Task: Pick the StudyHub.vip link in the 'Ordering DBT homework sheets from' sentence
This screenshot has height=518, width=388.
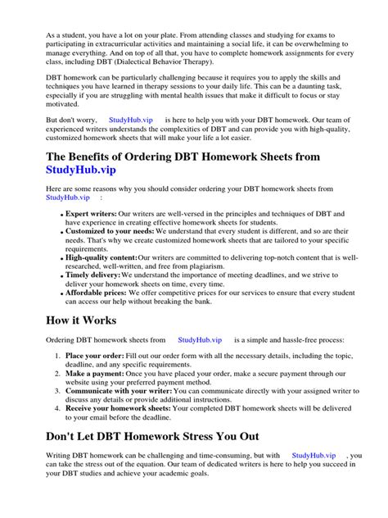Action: coord(200,339)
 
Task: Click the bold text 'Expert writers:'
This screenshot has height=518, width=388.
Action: coord(92,213)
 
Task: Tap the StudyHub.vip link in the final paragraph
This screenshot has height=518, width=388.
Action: coord(314,454)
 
